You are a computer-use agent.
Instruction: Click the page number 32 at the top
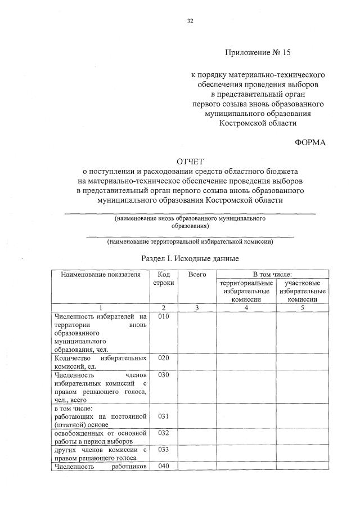[x=190, y=21]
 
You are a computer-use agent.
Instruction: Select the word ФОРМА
[x=310, y=142]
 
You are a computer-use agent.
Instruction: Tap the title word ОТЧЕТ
[x=190, y=161]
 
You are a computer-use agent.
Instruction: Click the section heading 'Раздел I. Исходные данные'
[x=190, y=258]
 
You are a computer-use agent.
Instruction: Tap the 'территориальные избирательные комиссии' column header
[x=247, y=291]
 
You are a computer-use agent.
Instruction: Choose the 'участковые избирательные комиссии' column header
[x=303, y=291]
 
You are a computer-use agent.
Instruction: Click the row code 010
[x=164, y=316]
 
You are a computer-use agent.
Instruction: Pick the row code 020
[x=164, y=358]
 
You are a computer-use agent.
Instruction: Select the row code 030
[x=164, y=375]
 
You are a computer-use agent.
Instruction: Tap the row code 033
[x=164, y=450]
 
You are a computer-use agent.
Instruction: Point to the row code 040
[x=164, y=466]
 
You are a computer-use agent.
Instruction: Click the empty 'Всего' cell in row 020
[x=197, y=362]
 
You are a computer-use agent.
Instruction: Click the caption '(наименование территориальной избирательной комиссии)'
[x=190, y=241]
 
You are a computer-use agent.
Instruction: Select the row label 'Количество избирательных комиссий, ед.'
[x=100, y=362]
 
